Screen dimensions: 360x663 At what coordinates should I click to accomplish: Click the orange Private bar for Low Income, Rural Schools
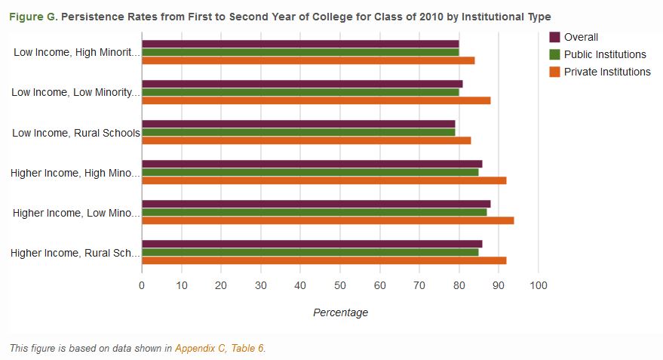tap(305, 140)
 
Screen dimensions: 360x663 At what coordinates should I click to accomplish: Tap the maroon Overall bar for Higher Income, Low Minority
tap(315, 204)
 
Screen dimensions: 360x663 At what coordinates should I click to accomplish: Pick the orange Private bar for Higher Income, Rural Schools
tap(324, 260)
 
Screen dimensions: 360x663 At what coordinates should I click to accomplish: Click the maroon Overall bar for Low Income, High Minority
tap(300, 44)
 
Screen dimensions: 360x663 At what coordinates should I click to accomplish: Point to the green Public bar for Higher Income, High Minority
tap(310, 172)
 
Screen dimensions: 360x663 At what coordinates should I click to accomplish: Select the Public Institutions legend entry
tap(604, 54)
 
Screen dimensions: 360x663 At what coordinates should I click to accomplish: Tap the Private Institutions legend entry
tap(606, 72)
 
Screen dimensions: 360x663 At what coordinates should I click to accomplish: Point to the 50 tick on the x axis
tap(339, 285)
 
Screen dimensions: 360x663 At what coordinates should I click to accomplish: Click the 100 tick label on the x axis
tap(538, 285)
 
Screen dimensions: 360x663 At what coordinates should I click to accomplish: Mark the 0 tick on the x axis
tap(142, 285)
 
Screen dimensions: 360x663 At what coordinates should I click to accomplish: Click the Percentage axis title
tap(340, 312)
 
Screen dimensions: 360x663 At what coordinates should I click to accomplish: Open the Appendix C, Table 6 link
tap(219, 348)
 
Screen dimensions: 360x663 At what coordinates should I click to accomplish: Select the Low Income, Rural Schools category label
tap(76, 133)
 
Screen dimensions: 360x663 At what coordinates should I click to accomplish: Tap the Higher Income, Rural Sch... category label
tap(75, 253)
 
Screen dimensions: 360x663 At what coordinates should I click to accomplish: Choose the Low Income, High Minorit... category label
tap(77, 53)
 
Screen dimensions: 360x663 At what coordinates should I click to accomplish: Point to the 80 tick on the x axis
tap(459, 285)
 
